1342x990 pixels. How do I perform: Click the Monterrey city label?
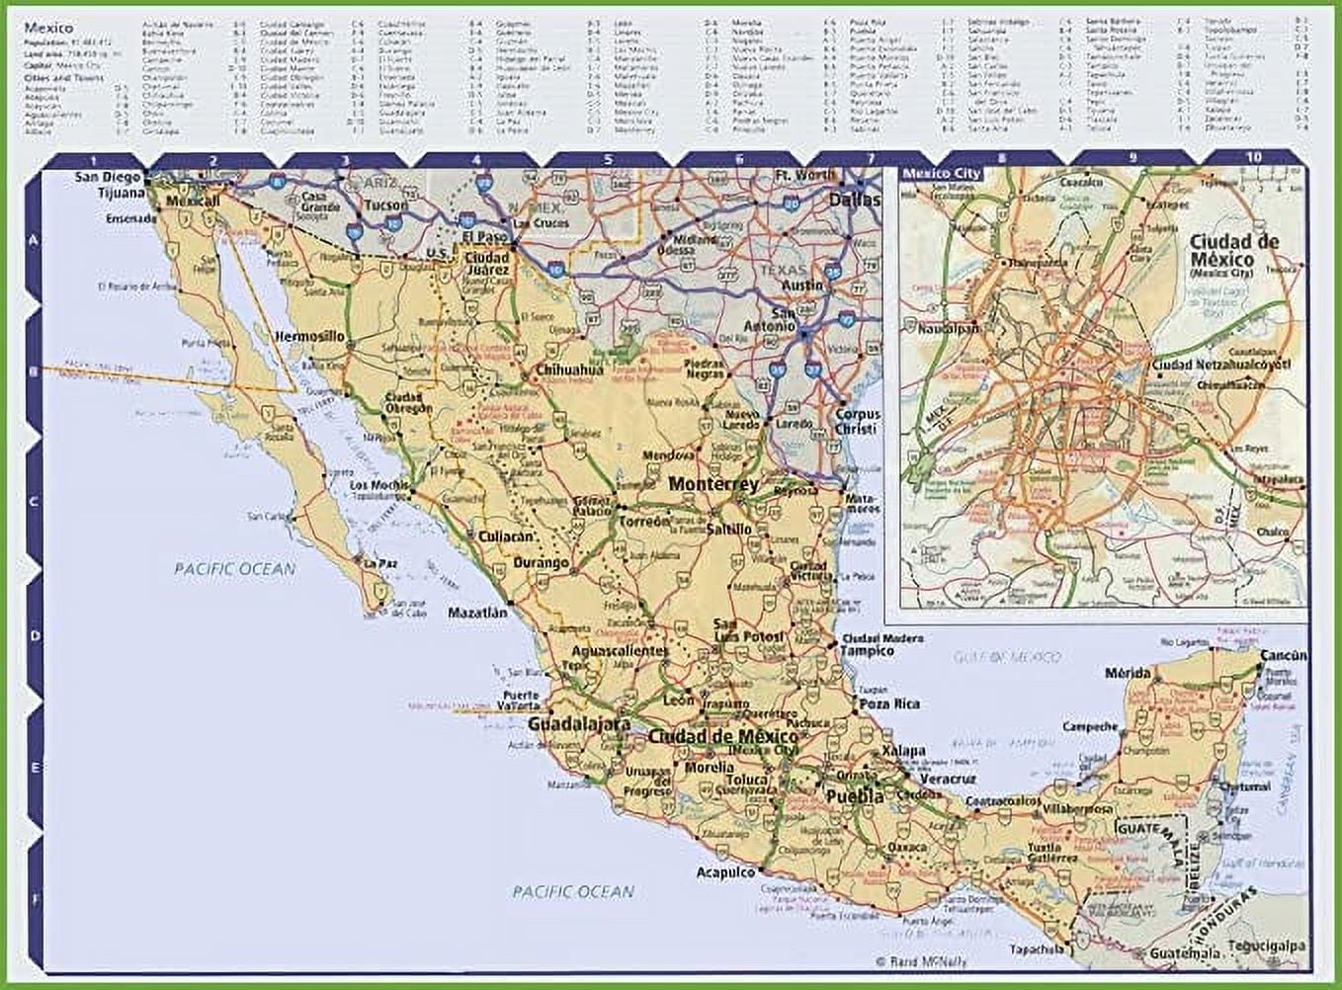tap(713, 484)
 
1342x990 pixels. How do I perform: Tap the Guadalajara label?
tap(578, 724)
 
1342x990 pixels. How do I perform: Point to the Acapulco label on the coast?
tap(725, 872)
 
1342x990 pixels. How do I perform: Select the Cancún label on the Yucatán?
tap(1284, 655)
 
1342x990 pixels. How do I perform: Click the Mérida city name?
tap(1128, 673)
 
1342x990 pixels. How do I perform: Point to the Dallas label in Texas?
tap(854, 200)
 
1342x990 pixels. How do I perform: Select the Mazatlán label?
tap(477, 613)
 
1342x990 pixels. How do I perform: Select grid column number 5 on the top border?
tap(608, 159)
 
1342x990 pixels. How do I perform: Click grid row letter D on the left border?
tap(34, 635)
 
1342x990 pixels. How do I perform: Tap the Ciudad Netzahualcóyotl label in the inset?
tap(1221, 365)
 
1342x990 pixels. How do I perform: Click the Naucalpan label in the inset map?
tap(948, 328)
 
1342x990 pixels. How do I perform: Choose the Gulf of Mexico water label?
tap(1008, 656)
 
